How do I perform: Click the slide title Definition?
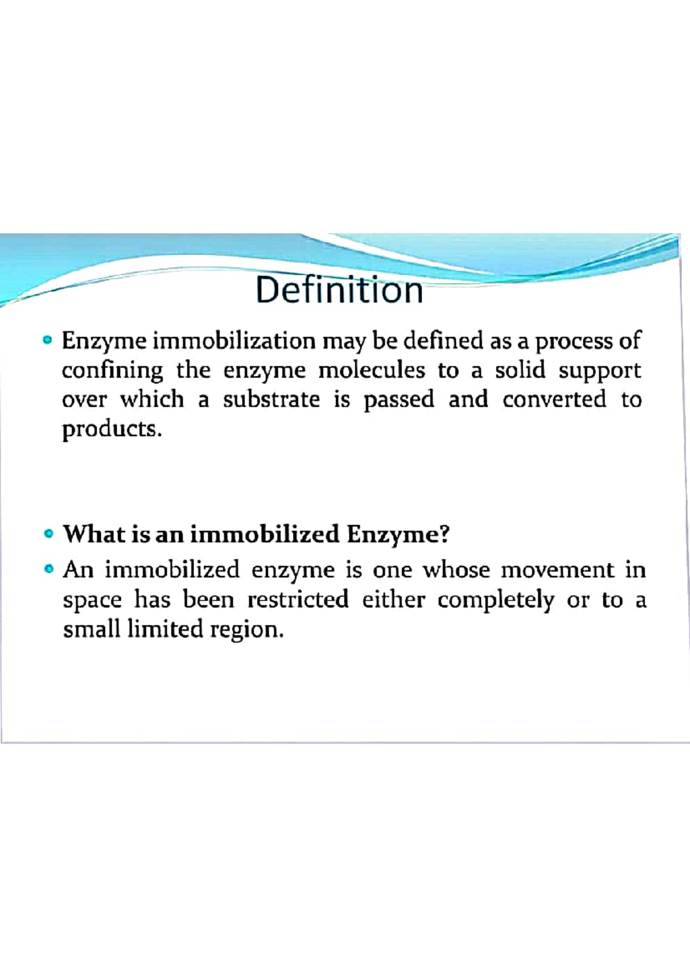point(339,290)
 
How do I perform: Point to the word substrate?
point(271,399)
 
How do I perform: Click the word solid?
point(520,370)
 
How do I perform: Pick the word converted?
point(554,399)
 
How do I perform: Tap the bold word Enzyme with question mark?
point(397,535)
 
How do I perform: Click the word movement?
point(557,570)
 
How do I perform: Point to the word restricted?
point(298,600)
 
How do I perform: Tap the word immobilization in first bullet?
point(234,341)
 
